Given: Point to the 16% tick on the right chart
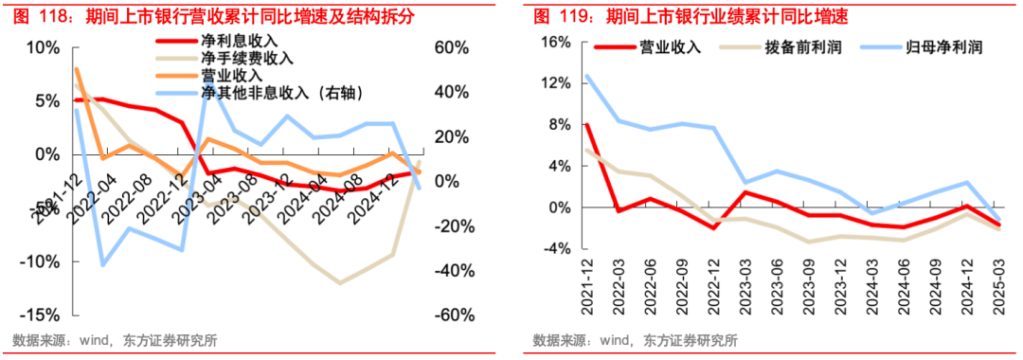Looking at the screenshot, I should [x=557, y=43].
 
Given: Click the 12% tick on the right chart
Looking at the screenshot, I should [x=557, y=83].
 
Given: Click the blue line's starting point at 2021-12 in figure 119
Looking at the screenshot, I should [x=587, y=76].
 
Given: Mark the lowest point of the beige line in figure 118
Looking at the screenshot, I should [x=340, y=282].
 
